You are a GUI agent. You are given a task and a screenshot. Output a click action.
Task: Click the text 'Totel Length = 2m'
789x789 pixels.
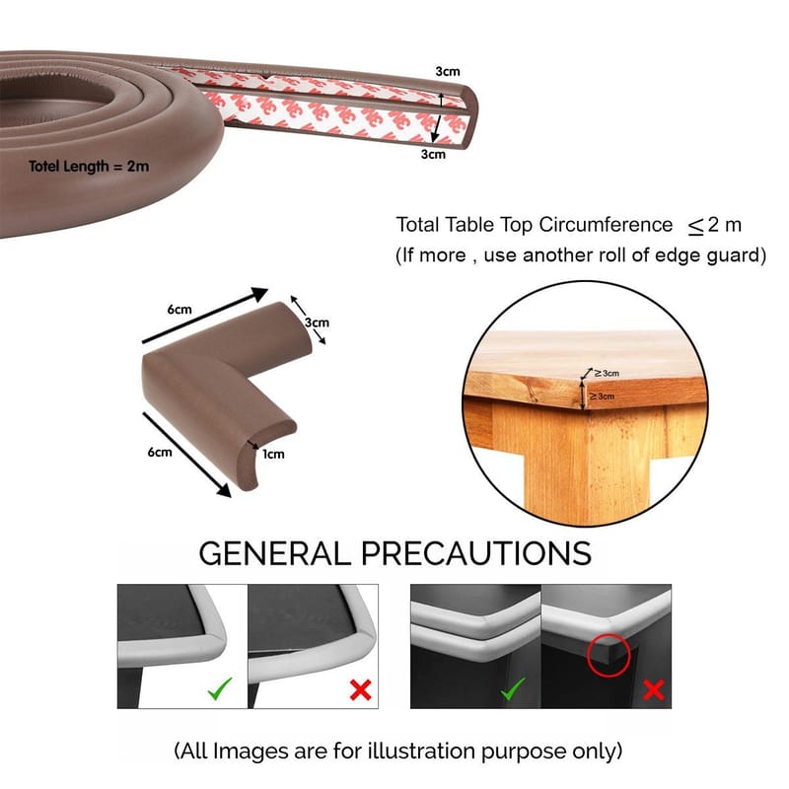coord(89,166)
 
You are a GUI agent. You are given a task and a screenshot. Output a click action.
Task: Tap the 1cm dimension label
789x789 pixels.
coord(273,454)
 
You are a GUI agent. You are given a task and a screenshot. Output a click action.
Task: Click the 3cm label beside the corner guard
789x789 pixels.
coord(316,323)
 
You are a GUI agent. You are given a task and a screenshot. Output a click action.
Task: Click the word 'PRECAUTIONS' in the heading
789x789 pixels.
coord(474,552)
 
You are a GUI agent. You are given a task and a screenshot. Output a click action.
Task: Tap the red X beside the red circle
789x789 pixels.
coord(653,690)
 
